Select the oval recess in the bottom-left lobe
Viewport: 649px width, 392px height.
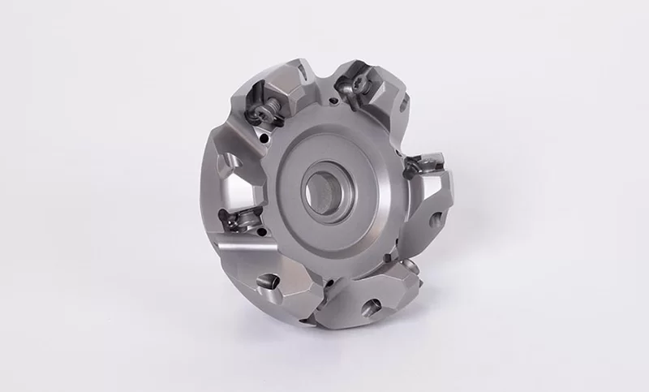[269, 285]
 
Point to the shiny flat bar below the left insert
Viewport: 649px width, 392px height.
[243, 252]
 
